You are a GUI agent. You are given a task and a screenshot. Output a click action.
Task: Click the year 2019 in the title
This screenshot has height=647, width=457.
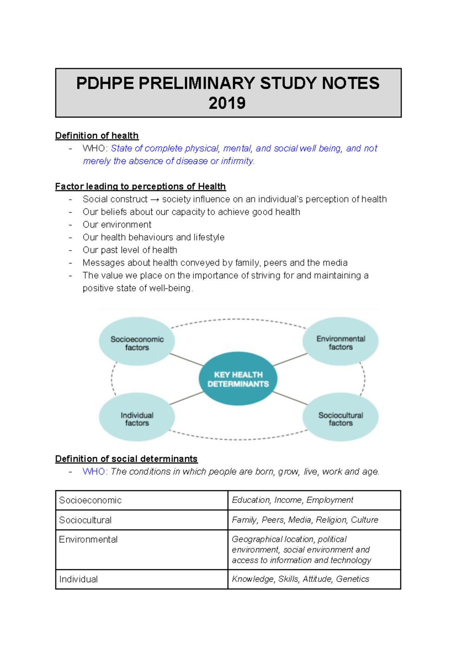227,103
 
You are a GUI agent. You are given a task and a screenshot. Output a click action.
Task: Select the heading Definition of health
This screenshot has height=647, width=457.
97,136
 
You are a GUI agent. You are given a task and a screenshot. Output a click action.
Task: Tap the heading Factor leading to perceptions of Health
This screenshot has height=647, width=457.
140,186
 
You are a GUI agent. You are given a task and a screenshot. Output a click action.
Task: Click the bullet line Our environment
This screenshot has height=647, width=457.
117,225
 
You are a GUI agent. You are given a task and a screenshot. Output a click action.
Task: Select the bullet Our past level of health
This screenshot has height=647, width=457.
129,250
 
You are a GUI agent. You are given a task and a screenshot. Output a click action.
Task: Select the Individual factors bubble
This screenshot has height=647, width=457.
137,418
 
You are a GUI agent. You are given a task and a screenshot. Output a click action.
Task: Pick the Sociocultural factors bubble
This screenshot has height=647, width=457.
340,418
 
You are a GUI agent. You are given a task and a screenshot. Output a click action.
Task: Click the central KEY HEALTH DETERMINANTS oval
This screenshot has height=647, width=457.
238,379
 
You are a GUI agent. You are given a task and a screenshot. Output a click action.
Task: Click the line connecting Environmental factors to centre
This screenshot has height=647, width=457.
290,360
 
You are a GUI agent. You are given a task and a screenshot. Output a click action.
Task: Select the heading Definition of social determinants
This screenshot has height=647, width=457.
126,459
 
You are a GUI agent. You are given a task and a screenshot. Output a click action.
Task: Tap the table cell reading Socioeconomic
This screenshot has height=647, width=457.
90,500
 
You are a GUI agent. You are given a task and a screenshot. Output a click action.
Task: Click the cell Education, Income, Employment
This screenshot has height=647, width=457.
292,500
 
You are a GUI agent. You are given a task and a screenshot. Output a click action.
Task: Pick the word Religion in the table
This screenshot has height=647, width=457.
331,520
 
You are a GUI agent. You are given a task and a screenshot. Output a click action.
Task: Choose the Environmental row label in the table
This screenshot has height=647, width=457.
88,539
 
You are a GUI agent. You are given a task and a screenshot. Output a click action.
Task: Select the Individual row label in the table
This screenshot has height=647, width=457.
78,580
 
